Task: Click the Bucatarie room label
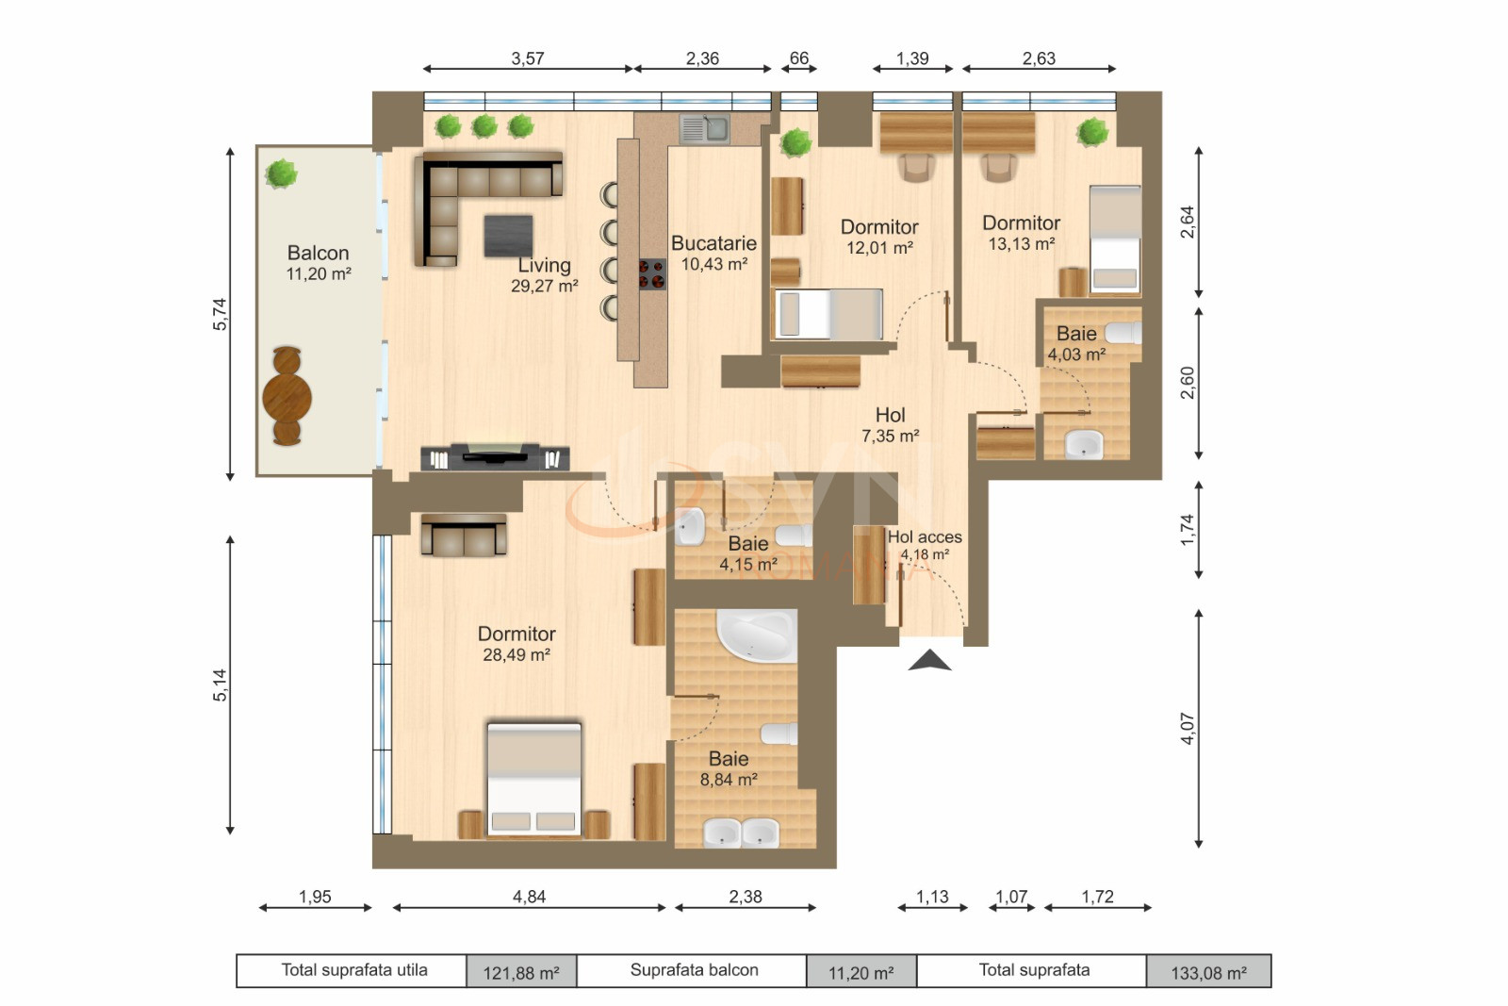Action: click(713, 243)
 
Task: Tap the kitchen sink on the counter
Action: click(704, 128)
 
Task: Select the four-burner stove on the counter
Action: click(652, 274)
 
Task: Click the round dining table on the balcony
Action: click(287, 396)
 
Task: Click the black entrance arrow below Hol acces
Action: click(929, 660)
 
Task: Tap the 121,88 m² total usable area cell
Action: click(521, 972)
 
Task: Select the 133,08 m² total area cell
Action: click(1208, 972)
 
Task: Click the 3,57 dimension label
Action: click(528, 58)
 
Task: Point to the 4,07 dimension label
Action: click(1187, 729)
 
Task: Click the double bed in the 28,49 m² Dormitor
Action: click(533, 779)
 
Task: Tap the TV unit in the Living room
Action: click(495, 456)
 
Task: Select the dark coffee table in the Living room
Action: click(508, 236)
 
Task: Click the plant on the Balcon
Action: click(281, 173)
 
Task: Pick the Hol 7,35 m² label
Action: click(890, 424)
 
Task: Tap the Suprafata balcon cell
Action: click(694, 970)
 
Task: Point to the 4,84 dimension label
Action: click(529, 897)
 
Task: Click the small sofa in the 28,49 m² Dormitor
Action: click(464, 536)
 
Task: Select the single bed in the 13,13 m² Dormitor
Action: click(1114, 239)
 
